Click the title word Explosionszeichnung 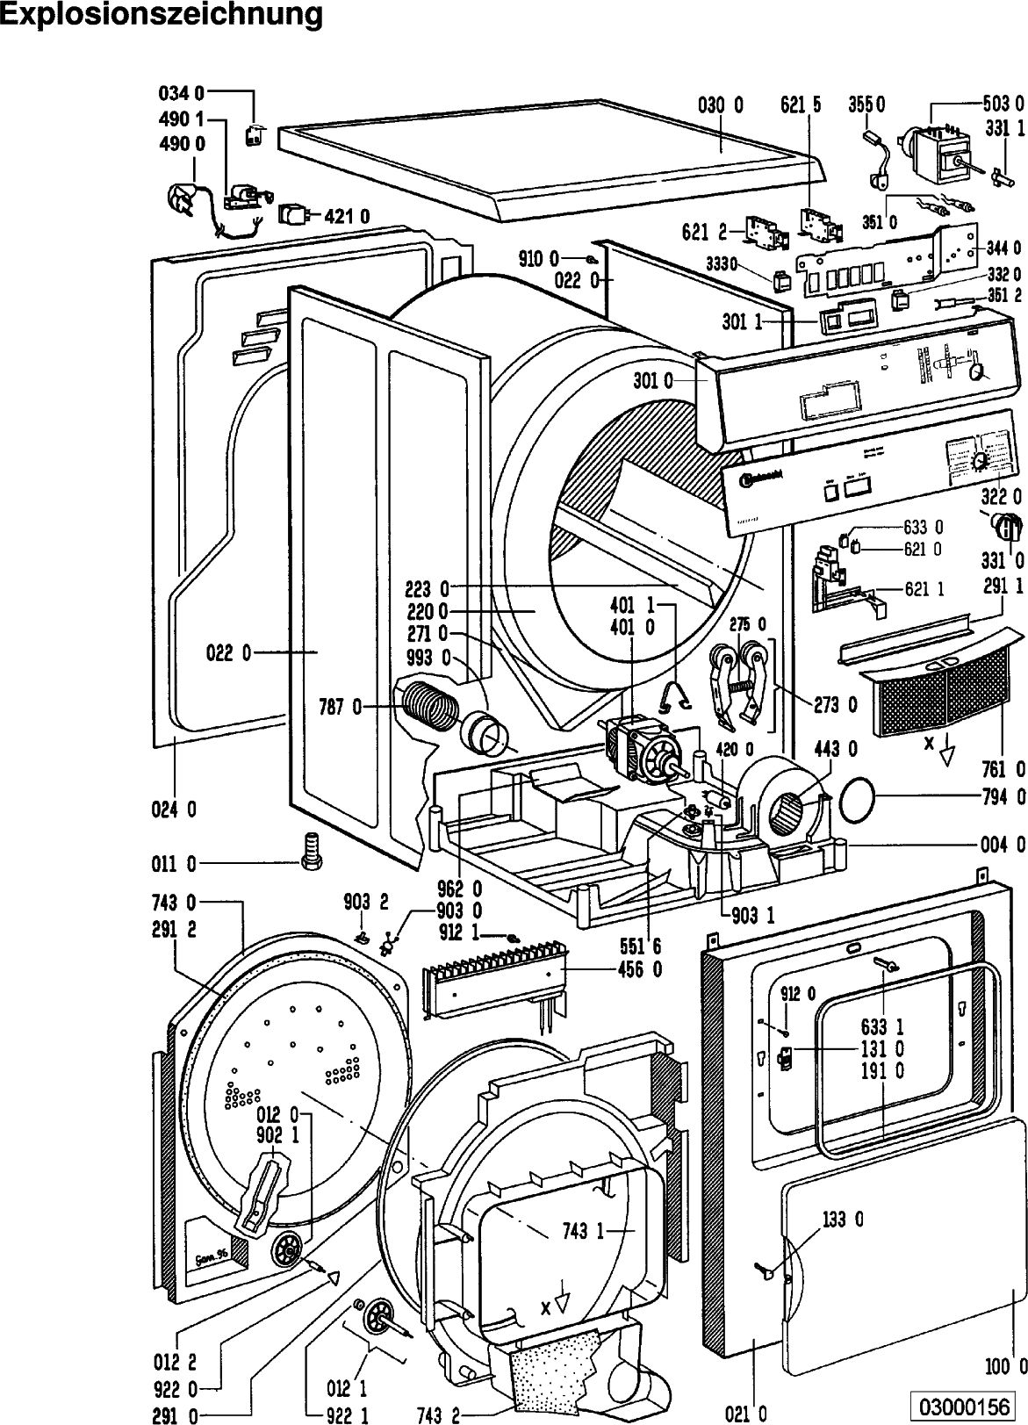click(162, 15)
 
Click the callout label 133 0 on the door click(842, 1219)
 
